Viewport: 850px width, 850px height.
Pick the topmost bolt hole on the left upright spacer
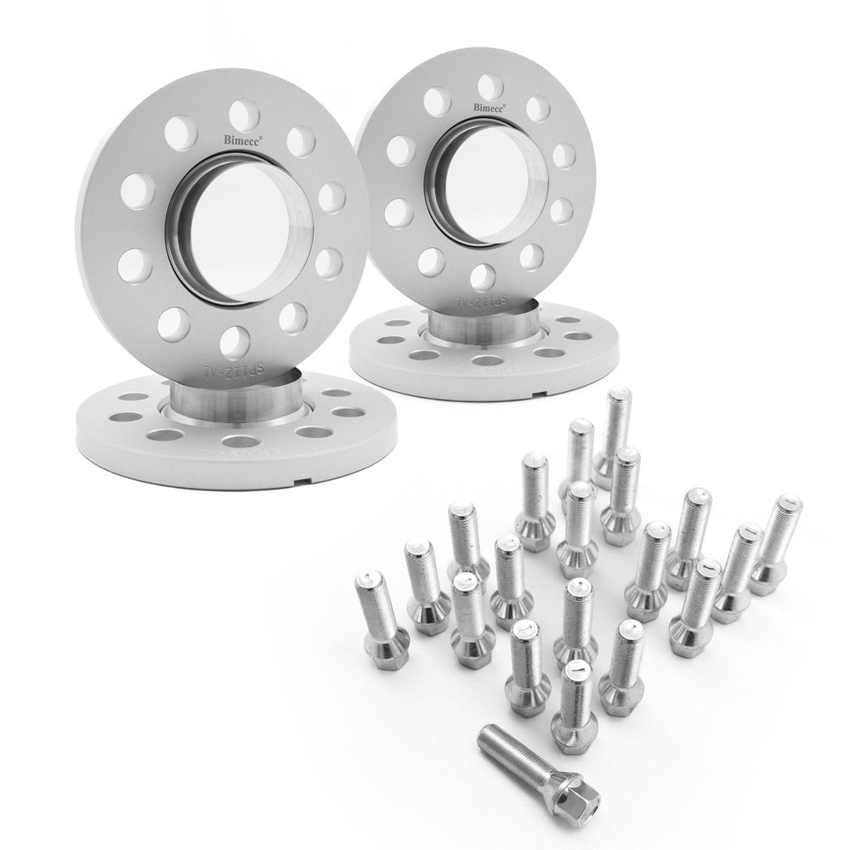(x=243, y=115)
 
